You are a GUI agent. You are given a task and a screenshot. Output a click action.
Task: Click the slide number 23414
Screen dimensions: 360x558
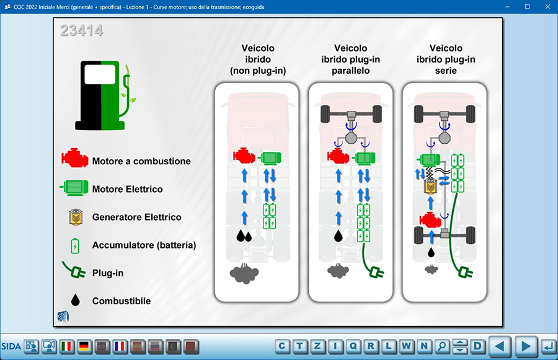[x=82, y=30]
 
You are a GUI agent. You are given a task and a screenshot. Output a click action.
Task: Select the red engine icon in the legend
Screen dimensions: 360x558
[x=74, y=160]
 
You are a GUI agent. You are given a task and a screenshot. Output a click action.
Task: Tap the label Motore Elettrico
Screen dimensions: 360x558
[x=128, y=189]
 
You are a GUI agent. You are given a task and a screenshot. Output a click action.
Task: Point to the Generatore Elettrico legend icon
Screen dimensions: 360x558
[x=76, y=217]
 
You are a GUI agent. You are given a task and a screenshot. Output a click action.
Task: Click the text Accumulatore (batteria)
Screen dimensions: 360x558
[x=144, y=245]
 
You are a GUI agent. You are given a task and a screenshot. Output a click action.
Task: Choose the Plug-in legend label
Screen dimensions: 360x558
[x=107, y=273]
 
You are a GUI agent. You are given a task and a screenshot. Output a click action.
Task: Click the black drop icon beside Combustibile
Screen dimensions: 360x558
[x=76, y=301]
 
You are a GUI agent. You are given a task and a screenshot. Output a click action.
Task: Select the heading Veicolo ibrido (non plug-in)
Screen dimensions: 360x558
[x=257, y=59]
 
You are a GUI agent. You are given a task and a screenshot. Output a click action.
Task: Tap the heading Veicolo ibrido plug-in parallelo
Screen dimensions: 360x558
[x=350, y=59]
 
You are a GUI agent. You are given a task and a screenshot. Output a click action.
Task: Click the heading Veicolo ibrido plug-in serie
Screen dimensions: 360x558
[x=446, y=59]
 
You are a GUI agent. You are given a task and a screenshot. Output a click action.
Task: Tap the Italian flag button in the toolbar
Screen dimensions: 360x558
[x=66, y=346]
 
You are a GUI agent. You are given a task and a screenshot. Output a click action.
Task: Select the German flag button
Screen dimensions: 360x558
[x=84, y=346]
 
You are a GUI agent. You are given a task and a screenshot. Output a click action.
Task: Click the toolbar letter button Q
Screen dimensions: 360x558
[x=353, y=346]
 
